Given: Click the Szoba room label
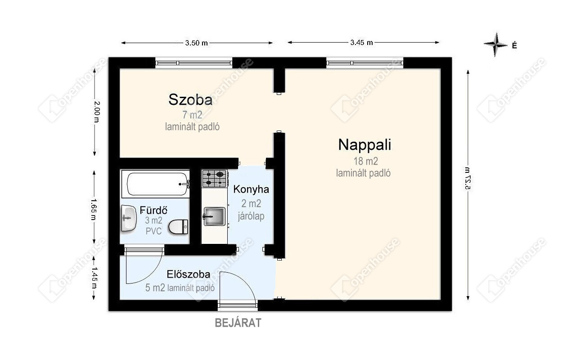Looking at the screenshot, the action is tap(190, 100).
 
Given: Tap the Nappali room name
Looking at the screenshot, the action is tap(364, 145).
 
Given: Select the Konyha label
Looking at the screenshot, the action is tap(251, 189).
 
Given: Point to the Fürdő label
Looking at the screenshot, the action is tap(153, 210).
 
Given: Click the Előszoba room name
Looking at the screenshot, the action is tap(188, 274).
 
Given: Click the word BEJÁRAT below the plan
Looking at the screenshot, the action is tap(238, 323).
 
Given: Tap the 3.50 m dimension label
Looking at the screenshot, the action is tap(196, 43).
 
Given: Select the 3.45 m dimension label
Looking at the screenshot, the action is tap(361, 43).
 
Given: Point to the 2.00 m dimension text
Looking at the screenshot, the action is tap(96, 112).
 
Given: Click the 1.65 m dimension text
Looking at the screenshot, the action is tap(94, 209).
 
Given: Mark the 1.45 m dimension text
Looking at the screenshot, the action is tap(94, 278).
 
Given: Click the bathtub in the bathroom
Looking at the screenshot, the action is tap(156, 184).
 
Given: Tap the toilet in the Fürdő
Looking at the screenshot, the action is tap(178, 227).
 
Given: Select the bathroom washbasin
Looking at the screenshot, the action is tap(129, 218).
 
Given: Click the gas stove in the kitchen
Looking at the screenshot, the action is tap(215, 179).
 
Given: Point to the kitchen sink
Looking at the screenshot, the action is tap(214, 216).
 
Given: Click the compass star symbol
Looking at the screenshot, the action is tap(495, 45).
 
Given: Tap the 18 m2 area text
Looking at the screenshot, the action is tap(365, 161).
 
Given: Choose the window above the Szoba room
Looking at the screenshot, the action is tap(194, 63).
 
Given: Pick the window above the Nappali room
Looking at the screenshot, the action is tap(365, 63).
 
